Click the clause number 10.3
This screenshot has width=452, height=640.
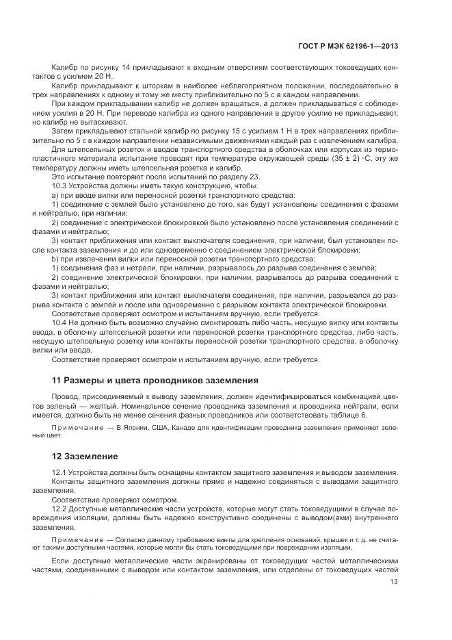click(x=60, y=185)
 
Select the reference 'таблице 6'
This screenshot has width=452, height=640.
click(x=348, y=415)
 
